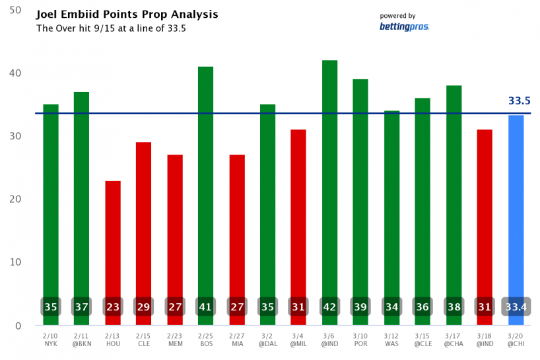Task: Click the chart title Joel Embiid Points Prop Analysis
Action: pyautogui.click(x=127, y=15)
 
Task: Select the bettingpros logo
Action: pyautogui.click(x=404, y=26)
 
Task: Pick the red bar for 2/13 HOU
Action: pyautogui.click(x=113, y=238)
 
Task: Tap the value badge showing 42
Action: pyautogui.click(x=329, y=307)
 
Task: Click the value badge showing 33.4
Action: pyautogui.click(x=516, y=307)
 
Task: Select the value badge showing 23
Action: pyautogui.click(x=113, y=307)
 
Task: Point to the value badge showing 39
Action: pyautogui.click(x=360, y=307)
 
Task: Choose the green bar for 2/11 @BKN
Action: pyautogui.click(x=82, y=198)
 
